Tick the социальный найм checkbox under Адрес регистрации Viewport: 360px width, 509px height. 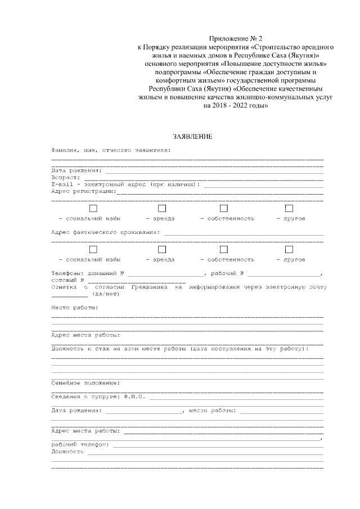[x=93, y=208]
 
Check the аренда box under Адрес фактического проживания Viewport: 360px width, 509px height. [x=162, y=249]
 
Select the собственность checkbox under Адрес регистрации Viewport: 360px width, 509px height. [x=223, y=208]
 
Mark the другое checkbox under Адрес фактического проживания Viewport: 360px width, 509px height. [x=289, y=249]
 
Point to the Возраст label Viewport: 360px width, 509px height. [x=65, y=177]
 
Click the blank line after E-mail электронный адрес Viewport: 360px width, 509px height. [x=263, y=185]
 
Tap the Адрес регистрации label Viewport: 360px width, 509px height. [x=83, y=191]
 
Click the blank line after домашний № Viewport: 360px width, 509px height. [x=165, y=274]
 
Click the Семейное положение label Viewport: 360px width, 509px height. [x=85, y=382]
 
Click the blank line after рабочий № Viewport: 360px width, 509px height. [x=283, y=274]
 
